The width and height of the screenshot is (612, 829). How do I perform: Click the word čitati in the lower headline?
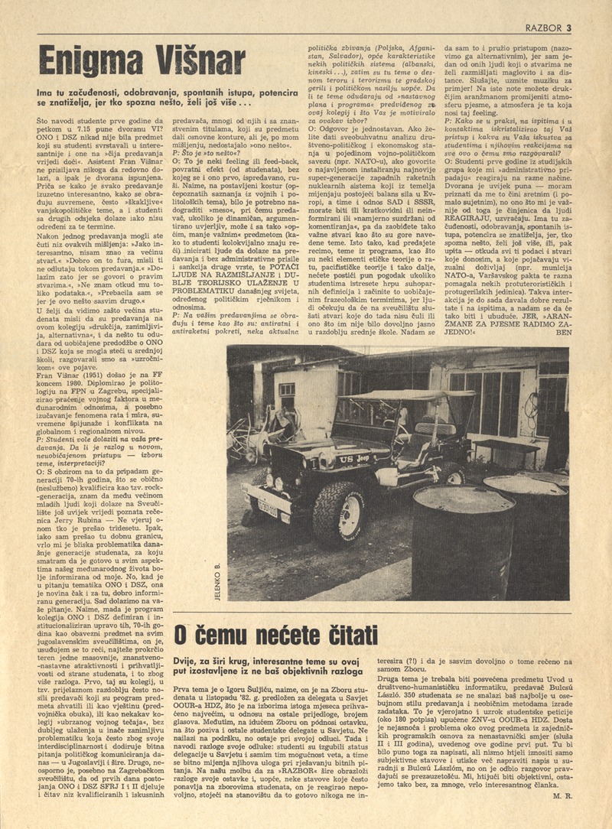(341, 636)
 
